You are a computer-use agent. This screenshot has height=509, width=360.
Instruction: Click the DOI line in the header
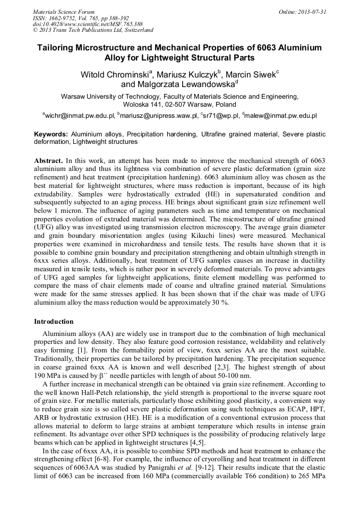click(x=88, y=24)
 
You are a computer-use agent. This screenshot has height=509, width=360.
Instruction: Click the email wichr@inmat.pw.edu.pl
click(x=80, y=115)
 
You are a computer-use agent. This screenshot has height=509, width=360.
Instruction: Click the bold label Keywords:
click(x=51, y=135)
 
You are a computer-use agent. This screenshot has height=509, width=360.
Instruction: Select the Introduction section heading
click(x=54, y=322)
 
